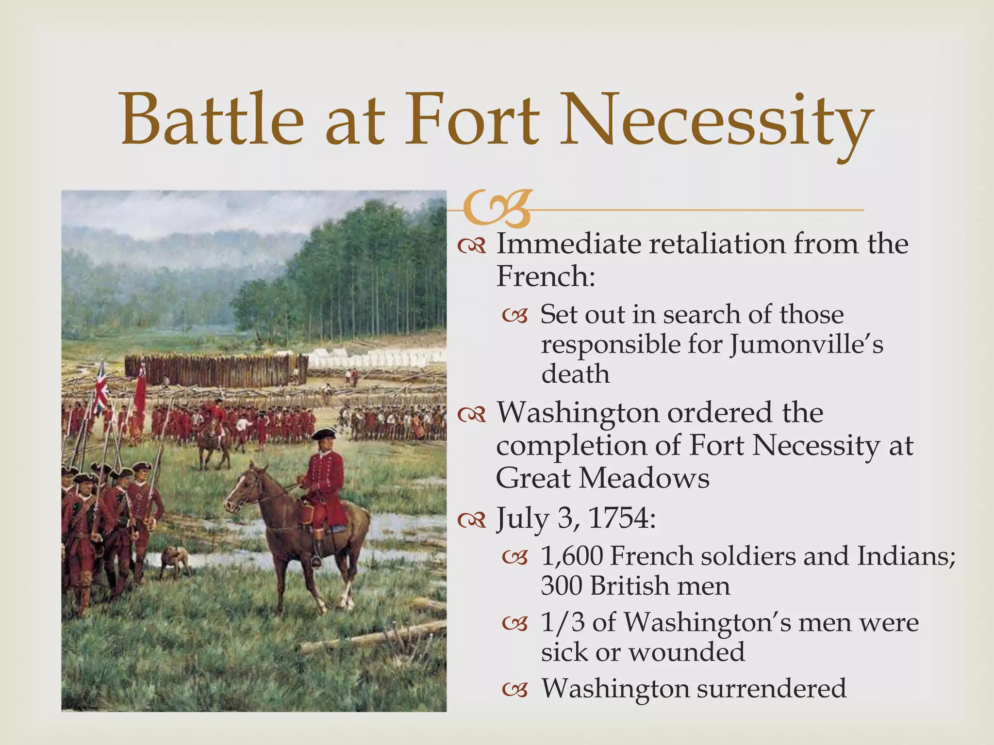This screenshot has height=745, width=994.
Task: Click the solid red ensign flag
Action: (140, 388)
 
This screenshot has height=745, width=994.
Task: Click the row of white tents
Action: (374, 359)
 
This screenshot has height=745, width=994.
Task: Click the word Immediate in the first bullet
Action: (568, 244)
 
